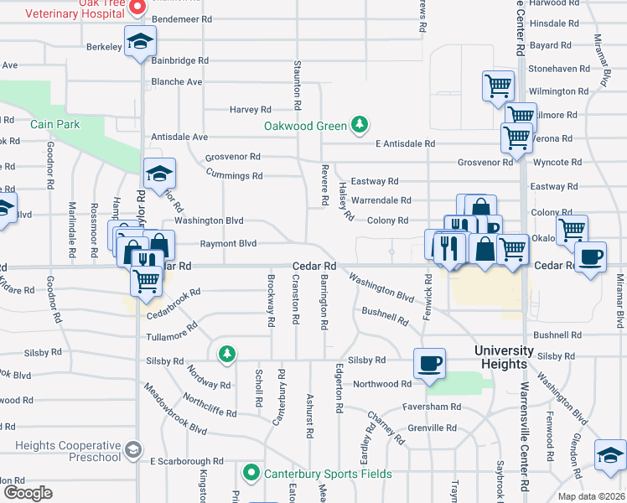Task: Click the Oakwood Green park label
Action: point(305,126)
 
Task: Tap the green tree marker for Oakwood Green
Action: point(360,125)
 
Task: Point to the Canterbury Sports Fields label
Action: point(328,474)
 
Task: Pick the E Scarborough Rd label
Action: point(187,461)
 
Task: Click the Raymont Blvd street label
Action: point(227,244)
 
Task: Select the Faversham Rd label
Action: point(433,407)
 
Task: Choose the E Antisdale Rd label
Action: point(405,144)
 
